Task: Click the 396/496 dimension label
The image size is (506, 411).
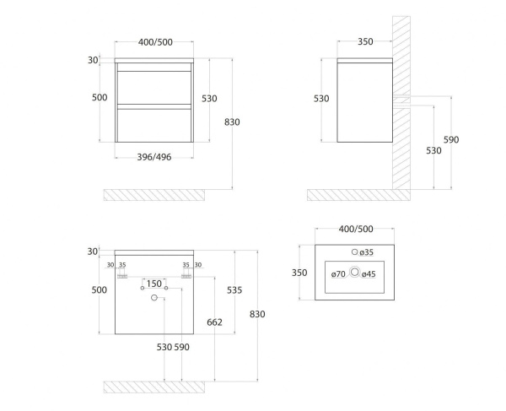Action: (x=154, y=157)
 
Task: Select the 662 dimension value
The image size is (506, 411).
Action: (x=214, y=322)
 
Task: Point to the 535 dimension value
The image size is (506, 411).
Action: (x=234, y=290)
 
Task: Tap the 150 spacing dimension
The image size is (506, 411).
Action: (x=154, y=284)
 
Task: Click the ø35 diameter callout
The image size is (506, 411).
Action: (x=367, y=252)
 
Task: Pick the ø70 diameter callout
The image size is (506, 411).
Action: (x=338, y=274)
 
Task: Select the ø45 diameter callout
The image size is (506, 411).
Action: (x=369, y=274)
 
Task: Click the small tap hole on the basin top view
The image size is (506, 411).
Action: (x=355, y=251)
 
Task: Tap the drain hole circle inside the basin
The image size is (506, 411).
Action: (x=355, y=272)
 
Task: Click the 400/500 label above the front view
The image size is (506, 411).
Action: (x=155, y=42)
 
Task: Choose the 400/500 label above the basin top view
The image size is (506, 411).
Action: (x=356, y=229)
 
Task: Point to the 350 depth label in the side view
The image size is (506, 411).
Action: (x=365, y=41)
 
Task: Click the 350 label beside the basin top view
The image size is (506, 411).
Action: (x=299, y=273)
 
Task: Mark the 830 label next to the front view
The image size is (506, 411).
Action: (x=232, y=122)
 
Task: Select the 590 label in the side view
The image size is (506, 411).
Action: (x=451, y=140)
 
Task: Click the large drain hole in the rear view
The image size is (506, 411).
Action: (x=154, y=298)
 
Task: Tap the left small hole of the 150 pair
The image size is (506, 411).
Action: (x=143, y=288)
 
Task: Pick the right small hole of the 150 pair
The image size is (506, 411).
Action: (x=166, y=288)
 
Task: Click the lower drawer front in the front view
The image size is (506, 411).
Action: (x=154, y=126)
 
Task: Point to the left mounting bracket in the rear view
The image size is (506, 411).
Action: (x=122, y=277)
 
